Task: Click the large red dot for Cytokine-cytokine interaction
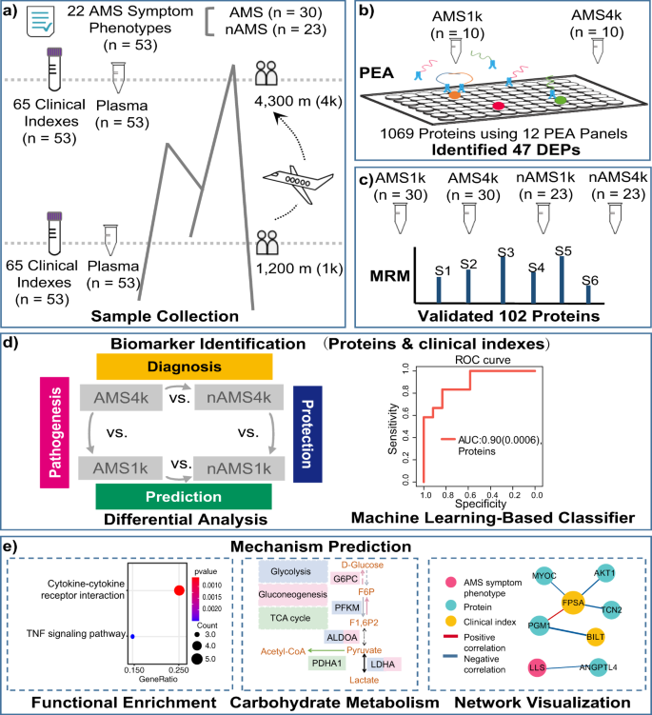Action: [x=179, y=590]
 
